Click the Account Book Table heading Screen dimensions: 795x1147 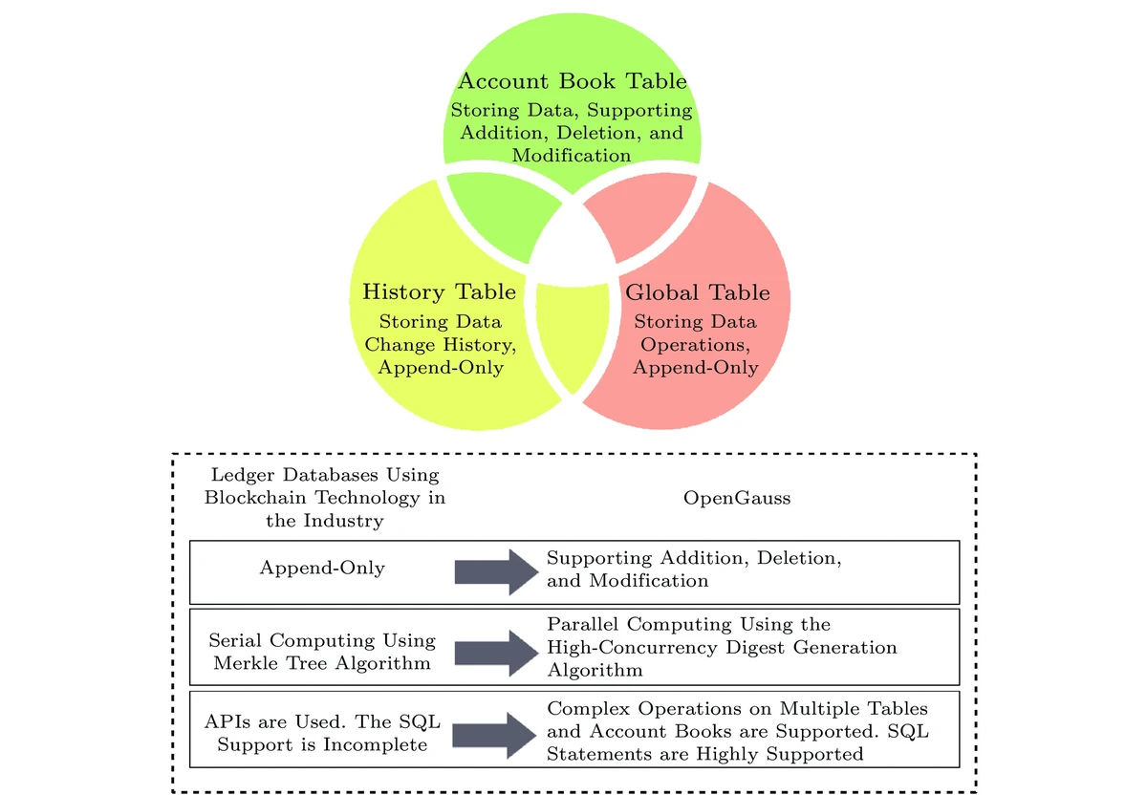click(x=572, y=80)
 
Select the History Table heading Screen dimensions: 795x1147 click(x=439, y=291)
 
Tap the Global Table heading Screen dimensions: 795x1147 click(x=697, y=292)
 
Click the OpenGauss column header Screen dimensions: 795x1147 click(x=736, y=498)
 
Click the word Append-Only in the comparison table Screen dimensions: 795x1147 click(x=322, y=569)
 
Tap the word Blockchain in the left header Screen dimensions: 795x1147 click(x=255, y=498)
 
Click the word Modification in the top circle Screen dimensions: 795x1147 click(x=572, y=155)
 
